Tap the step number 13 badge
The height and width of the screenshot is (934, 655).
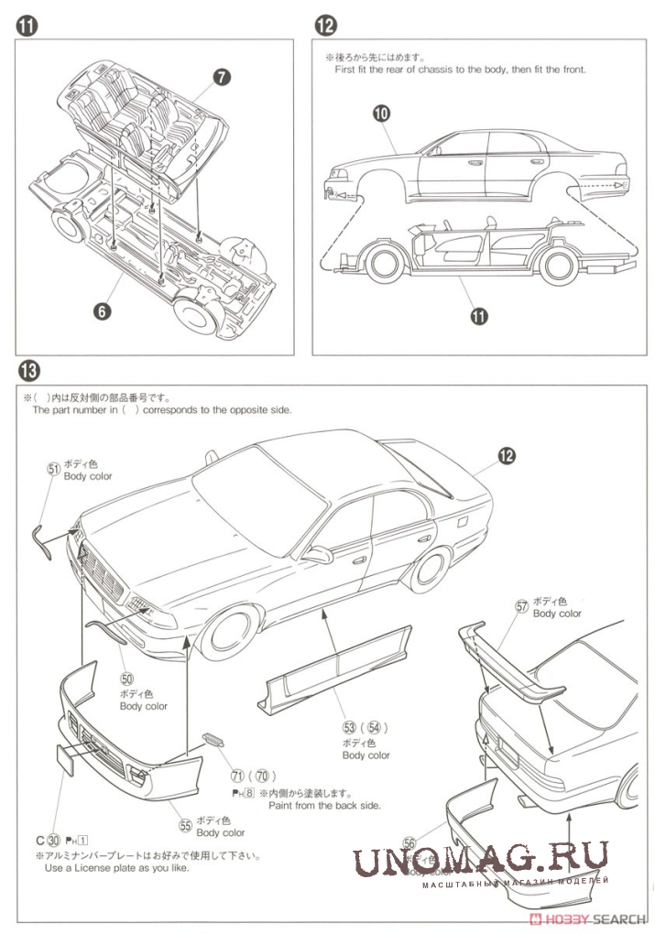point(27,371)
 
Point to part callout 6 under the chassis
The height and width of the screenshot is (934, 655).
point(102,311)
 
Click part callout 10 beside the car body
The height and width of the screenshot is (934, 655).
point(382,114)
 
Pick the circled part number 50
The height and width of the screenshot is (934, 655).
point(126,679)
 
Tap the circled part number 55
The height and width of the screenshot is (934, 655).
point(186,825)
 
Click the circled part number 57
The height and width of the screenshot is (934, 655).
point(522,606)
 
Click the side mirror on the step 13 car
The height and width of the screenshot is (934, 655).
point(318,555)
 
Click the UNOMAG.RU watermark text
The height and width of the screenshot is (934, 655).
point(481,862)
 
